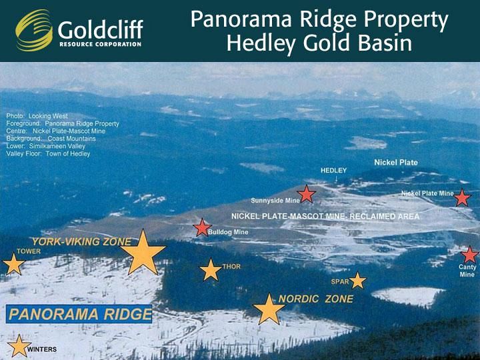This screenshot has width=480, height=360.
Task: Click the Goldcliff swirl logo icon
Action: [34, 30]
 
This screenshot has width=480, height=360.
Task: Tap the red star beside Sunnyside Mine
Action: [307, 194]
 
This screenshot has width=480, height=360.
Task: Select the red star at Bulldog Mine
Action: [203, 228]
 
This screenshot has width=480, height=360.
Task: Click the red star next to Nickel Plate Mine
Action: [462, 198]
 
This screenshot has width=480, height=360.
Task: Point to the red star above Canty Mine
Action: [469, 255]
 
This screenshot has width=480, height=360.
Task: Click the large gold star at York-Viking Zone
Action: [143, 253]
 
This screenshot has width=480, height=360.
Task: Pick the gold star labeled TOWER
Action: [13, 264]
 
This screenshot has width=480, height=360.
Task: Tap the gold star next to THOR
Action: [211, 270]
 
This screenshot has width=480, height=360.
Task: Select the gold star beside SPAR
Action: [357, 281]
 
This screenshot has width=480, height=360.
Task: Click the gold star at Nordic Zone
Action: [269, 309]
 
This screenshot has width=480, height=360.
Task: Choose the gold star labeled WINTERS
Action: [19, 346]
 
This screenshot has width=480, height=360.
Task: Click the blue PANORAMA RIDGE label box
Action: [79, 314]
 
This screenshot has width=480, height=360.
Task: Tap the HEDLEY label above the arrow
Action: [334, 171]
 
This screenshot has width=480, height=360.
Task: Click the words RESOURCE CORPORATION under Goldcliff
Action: [101, 45]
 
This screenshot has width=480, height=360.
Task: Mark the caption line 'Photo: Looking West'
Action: [37, 116]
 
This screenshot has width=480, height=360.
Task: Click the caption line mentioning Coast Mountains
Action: [51, 139]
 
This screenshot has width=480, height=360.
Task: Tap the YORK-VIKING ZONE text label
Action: [82, 242]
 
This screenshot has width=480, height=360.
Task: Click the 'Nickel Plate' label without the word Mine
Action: [396, 163]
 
